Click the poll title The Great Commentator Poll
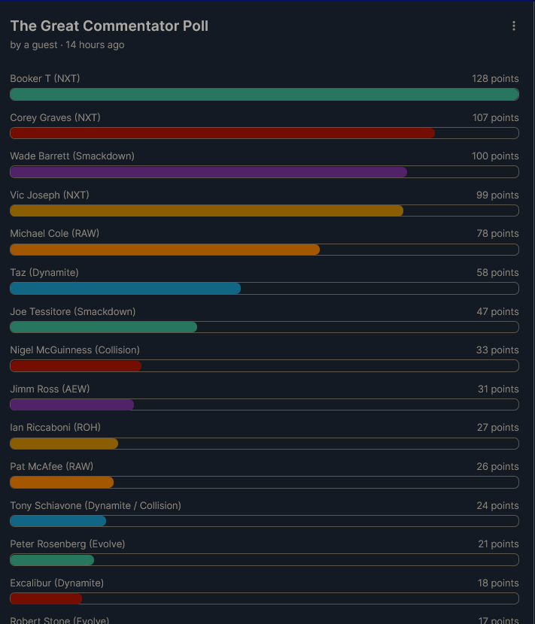tap(109, 26)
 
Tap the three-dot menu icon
tap(514, 26)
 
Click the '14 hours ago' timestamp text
tap(95, 45)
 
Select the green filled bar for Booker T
tap(264, 94)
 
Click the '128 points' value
tap(495, 79)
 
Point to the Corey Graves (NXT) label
tap(55, 118)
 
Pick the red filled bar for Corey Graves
tap(222, 133)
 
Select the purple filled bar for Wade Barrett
tap(208, 171)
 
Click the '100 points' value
tap(495, 156)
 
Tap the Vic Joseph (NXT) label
tap(50, 195)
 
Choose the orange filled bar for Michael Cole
tap(165, 250)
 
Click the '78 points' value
tap(497, 234)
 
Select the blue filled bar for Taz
tap(125, 288)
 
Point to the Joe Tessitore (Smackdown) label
tap(72, 311)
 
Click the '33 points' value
tap(497, 350)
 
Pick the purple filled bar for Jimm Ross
tap(71, 404)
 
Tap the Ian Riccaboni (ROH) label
tap(55, 428)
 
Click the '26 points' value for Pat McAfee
tap(497, 467)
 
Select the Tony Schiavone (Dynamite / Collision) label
tap(96, 505)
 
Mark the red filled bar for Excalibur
tap(46, 598)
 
